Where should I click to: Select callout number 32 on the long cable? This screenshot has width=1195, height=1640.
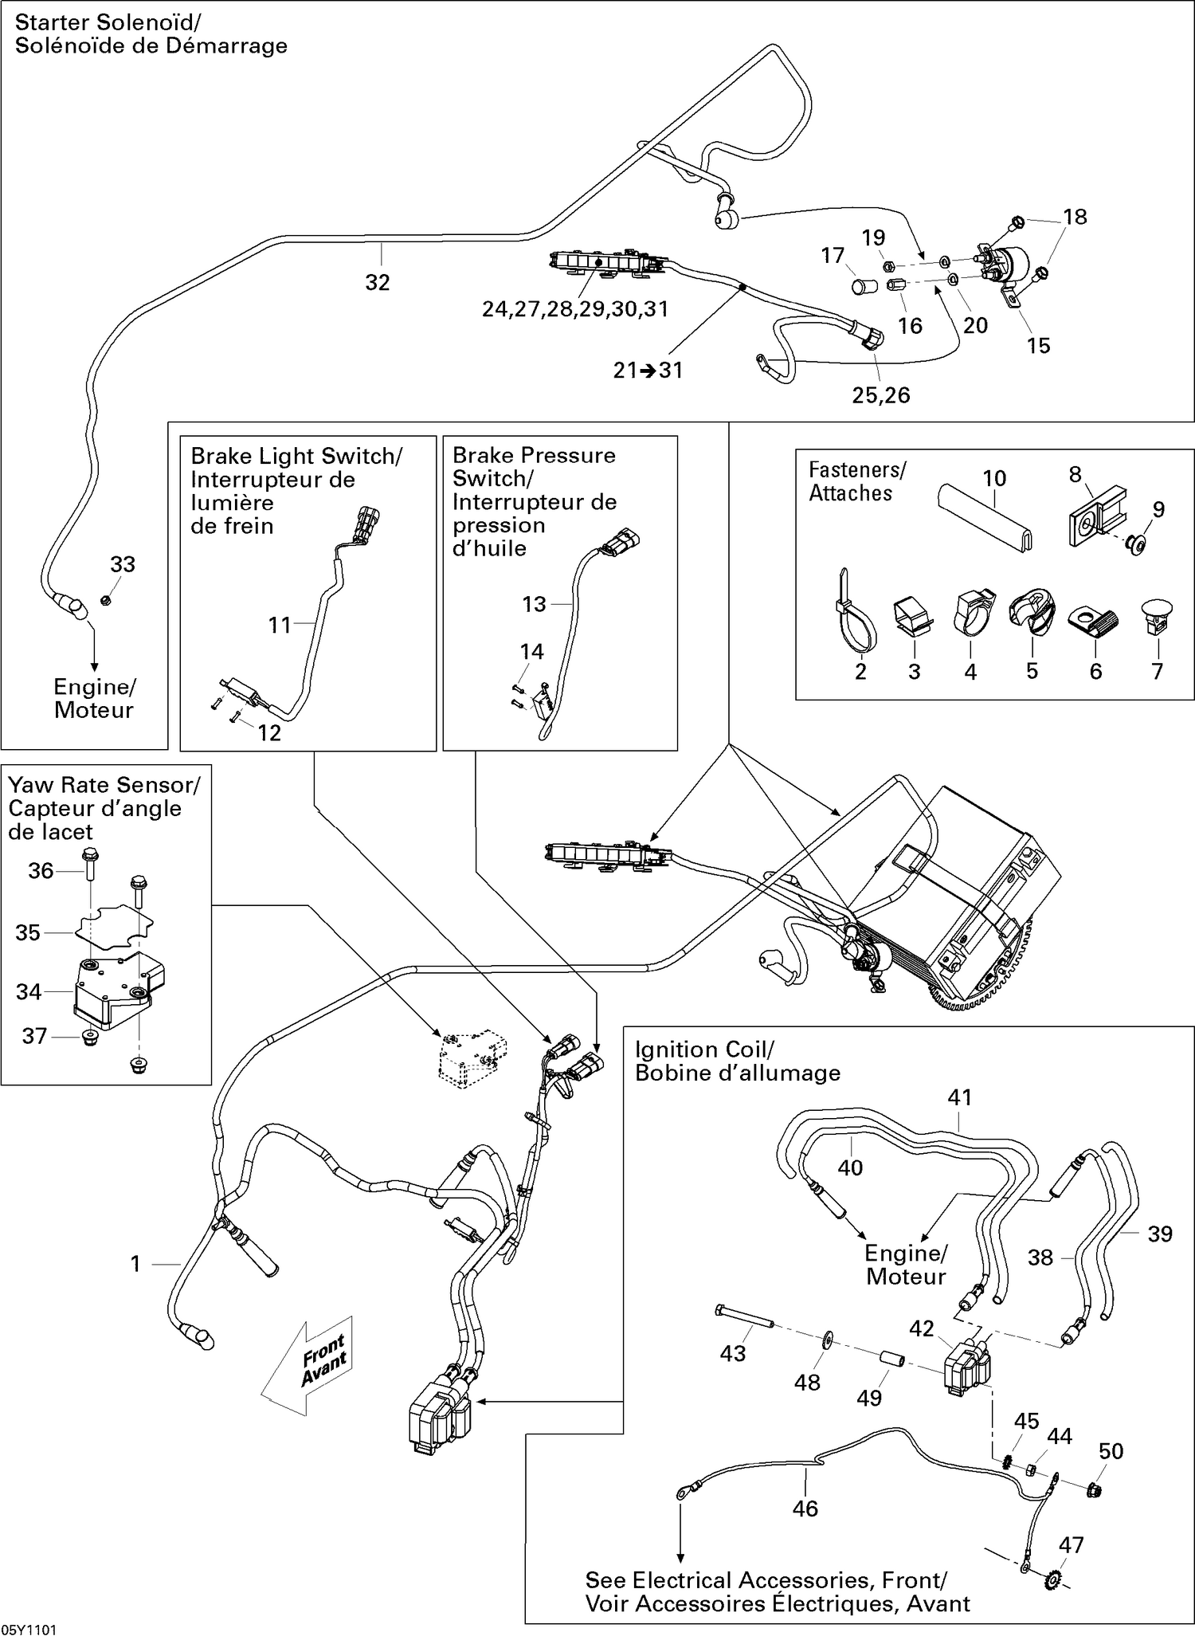point(377,282)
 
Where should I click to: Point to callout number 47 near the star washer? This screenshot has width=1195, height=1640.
point(1071,1544)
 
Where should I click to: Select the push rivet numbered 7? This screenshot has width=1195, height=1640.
point(1157,614)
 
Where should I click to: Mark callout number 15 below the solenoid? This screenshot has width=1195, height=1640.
point(1038,345)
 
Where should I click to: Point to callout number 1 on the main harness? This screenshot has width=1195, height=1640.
point(135,1264)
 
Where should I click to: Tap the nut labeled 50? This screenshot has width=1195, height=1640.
point(1094,1489)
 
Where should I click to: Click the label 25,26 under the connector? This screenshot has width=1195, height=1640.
point(880,394)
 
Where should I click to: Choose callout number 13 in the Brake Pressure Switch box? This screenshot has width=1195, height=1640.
point(534,604)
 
